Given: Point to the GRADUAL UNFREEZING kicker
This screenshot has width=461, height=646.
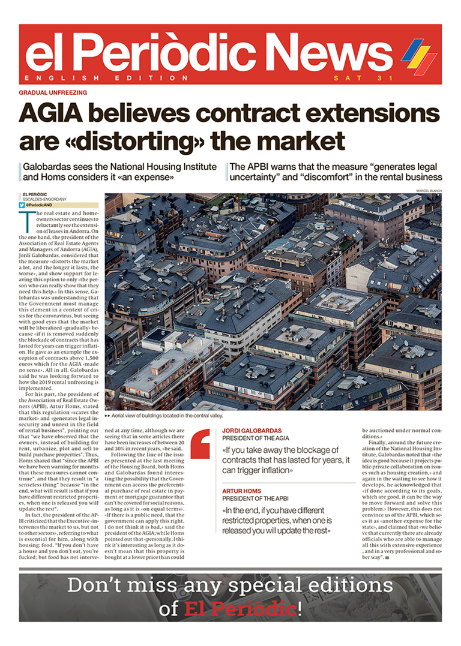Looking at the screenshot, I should [53, 92].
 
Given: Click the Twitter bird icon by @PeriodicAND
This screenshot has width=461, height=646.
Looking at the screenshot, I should [22, 205].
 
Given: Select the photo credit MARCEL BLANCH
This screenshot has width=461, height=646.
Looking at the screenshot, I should [428, 191].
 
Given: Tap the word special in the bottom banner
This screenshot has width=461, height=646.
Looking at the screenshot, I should [245, 585].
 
